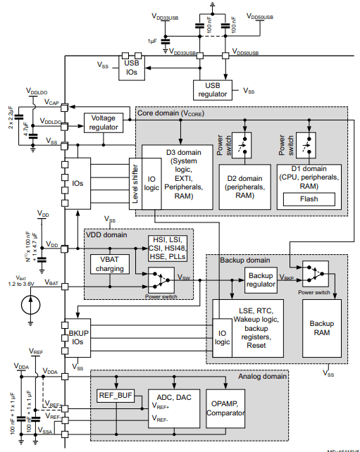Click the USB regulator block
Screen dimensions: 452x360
tap(213, 90)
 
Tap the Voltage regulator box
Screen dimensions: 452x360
tap(103, 122)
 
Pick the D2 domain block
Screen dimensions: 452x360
tap(245, 186)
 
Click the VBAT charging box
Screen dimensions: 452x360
tap(108, 264)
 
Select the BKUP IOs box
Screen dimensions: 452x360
tap(77, 336)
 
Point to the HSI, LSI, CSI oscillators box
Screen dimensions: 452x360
tap(168, 248)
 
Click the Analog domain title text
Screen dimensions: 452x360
tap(261, 377)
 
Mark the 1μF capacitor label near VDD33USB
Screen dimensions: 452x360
tap(152, 42)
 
